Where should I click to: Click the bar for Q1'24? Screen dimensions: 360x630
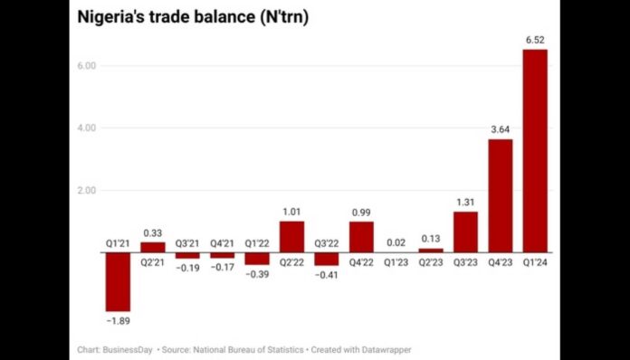(535, 150)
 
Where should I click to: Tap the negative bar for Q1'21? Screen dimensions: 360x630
(118, 281)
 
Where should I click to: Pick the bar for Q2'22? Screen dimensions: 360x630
(291, 236)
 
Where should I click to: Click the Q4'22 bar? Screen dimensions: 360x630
(361, 236)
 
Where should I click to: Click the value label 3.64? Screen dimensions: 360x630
(501, 129)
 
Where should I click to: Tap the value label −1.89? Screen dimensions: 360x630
(118, 321)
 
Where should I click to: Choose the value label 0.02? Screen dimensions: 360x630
(396, 242)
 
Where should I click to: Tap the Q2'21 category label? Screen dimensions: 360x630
(152, 262)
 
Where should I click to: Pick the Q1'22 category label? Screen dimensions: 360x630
(256, 242)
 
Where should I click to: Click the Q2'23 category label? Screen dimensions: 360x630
(431, 262)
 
